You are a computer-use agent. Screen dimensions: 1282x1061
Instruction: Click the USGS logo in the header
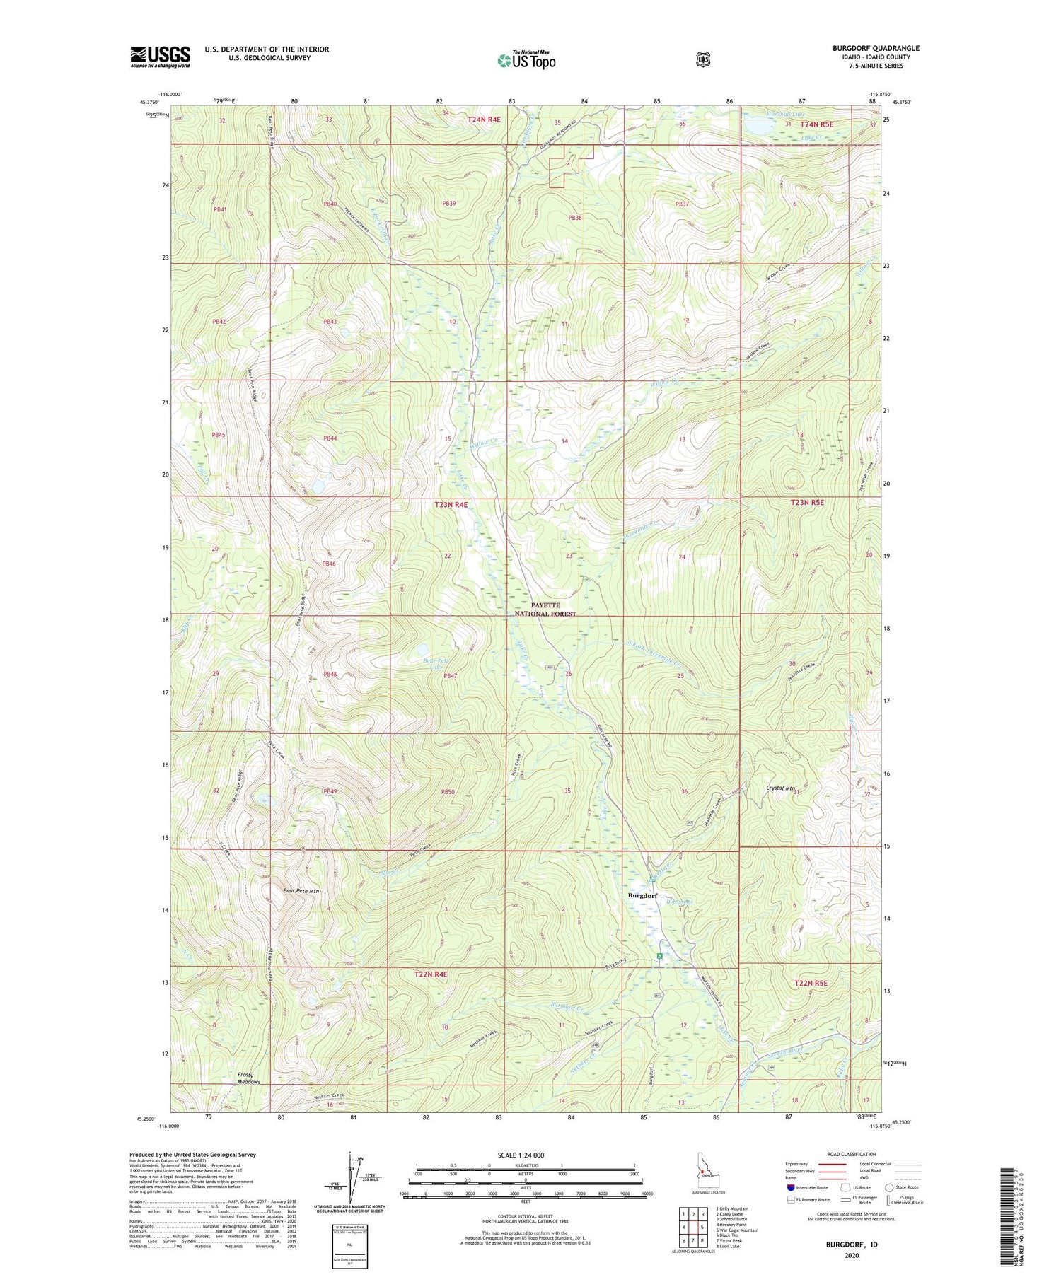click(x=160, y=57)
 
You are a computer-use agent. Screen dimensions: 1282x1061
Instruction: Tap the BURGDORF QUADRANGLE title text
click(x=876, y=48)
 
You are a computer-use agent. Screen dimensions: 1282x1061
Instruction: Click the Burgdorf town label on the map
click(x=642, y=895)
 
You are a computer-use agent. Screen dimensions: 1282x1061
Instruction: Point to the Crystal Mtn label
click(x=781, y=788)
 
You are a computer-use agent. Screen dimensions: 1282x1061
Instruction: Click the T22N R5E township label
click(x=810, y=983)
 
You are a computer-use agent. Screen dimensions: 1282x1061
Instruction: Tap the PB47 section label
click(x=450, y=676)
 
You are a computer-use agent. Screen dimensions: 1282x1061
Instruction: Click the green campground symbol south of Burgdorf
click(x=659, y=956)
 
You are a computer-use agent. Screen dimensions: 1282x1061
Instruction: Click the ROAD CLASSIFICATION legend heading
click(x=853, y=1154)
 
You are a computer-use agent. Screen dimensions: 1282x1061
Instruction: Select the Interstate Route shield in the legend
click(x=790, y=1187)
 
